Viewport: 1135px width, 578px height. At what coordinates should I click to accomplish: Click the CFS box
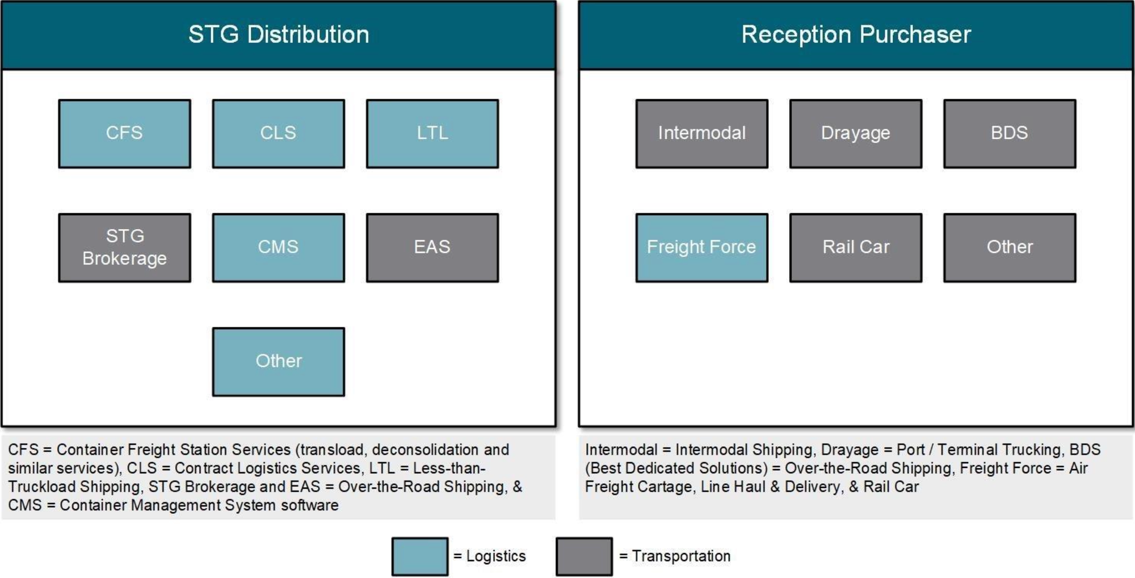(x=124, y=134)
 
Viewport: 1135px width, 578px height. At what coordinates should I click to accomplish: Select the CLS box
(x=279, y=134)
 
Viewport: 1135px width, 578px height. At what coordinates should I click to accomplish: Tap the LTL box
(x=432, y=134)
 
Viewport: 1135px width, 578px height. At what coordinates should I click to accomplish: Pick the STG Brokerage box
(x=124, y=248)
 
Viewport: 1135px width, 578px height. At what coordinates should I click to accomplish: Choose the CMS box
(x=279, y=248)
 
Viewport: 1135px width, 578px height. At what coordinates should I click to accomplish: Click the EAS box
(x=432, y=248)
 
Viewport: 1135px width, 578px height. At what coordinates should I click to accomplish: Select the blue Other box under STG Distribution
(x=279, y=362)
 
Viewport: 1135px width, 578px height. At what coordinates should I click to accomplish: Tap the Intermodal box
(x=702, y=134)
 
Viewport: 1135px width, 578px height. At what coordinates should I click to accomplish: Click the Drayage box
(x=856, y=134)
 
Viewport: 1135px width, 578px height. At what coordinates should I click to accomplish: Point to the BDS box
(x=1010, y=134)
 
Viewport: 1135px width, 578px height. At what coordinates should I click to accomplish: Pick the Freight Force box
(x=702, y=248)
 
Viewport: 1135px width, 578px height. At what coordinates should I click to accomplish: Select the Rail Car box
(x=856, y=248)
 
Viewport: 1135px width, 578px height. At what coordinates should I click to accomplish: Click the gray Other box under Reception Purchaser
(x=1010, y=248)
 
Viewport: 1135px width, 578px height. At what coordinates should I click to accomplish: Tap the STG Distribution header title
(x=279, y=35)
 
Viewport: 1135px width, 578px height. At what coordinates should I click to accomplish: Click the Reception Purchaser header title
(x=856, y=35)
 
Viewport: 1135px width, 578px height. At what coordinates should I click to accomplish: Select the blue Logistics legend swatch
(x=420, y=556)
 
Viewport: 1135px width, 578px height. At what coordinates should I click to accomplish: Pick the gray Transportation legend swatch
(x=584, y=556)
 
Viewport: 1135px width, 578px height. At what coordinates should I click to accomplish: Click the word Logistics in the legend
(x=496, y=556)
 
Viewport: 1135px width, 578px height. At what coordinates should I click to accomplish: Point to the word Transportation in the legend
(x=681, y=556)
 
